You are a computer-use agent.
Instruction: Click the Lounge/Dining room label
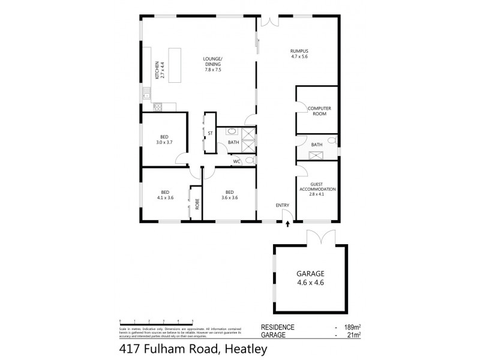tap(213, 64)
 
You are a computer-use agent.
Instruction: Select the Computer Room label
tap(319, 111)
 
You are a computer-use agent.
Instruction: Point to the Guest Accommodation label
tap(317, 189)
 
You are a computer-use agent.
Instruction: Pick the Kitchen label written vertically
tap(158, 70)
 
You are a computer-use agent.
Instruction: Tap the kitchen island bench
tap(176, 65)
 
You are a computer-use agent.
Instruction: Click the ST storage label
tap(211, 134)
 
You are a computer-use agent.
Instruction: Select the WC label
tap(236, 161)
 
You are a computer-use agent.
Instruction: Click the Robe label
tap(196, 203)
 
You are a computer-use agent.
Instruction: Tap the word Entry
tap(282, 206)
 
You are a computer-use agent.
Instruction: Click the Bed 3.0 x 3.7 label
tap(164, 139)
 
